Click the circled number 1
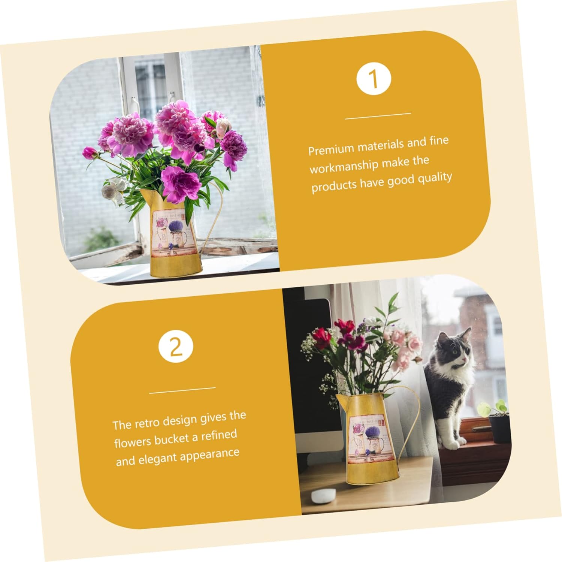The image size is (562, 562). pyautogui.click(x=374, y=79)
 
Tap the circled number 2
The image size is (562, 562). pyautogui.click(x=176, y=347)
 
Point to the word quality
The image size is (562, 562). pyautogui.click(x=435, y=178)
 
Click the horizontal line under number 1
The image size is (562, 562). pyautogui.click(x=378, y=116)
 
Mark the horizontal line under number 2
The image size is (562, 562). pyautogui.click(x=182, y=390)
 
